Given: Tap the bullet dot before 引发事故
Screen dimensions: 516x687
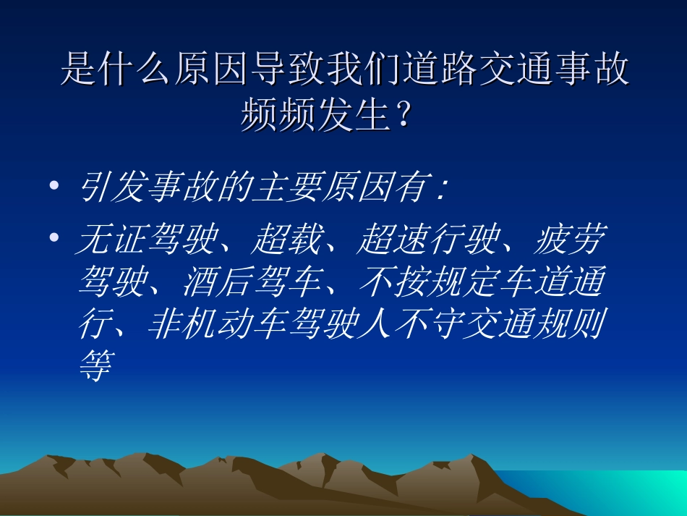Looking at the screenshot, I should click(x=54, y=187).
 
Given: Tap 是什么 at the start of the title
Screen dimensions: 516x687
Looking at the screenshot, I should click(x=114, y=72).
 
